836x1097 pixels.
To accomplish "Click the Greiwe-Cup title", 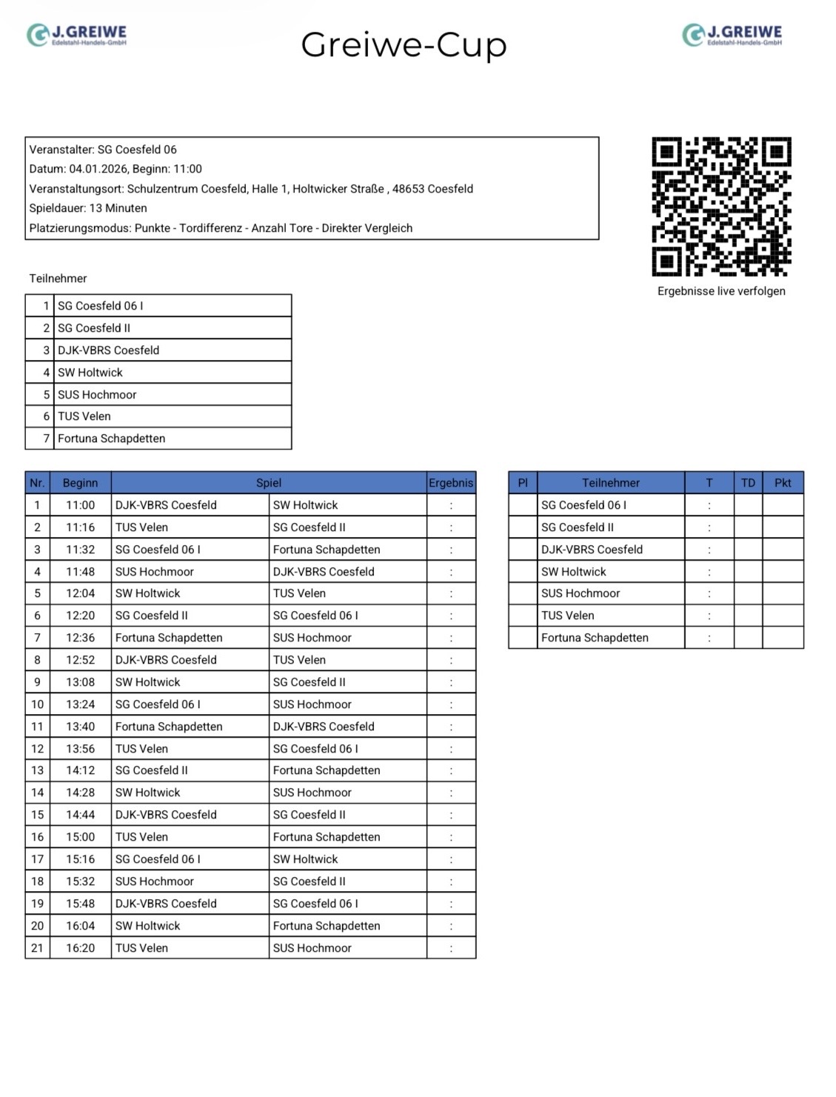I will [404, 44].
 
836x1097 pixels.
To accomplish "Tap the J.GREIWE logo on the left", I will [77, 35].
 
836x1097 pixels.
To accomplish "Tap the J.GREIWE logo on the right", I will [732, 35].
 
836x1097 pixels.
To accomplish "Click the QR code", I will [721, 206].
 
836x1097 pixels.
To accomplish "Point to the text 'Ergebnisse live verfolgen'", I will [721, 291].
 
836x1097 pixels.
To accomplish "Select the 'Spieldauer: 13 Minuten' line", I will [88, 208].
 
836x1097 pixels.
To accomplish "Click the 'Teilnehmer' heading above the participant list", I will [58, 279].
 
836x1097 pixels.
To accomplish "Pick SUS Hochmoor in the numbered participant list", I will [97, 395].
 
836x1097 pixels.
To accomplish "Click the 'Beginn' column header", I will [80, 483].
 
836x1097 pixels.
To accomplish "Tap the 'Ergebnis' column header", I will [450, 483].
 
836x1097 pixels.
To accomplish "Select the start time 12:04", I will [80, 593].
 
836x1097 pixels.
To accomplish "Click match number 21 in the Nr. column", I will [37, 948].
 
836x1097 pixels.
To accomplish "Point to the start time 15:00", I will [80, 837].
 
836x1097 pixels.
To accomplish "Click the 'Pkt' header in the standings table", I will [783, 483].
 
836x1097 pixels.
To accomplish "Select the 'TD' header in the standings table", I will [748, 483].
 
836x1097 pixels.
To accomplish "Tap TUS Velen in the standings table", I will [567, 616].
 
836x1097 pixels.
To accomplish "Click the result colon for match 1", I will [451, 506].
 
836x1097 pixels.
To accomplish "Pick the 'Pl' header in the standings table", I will [523, 483].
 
